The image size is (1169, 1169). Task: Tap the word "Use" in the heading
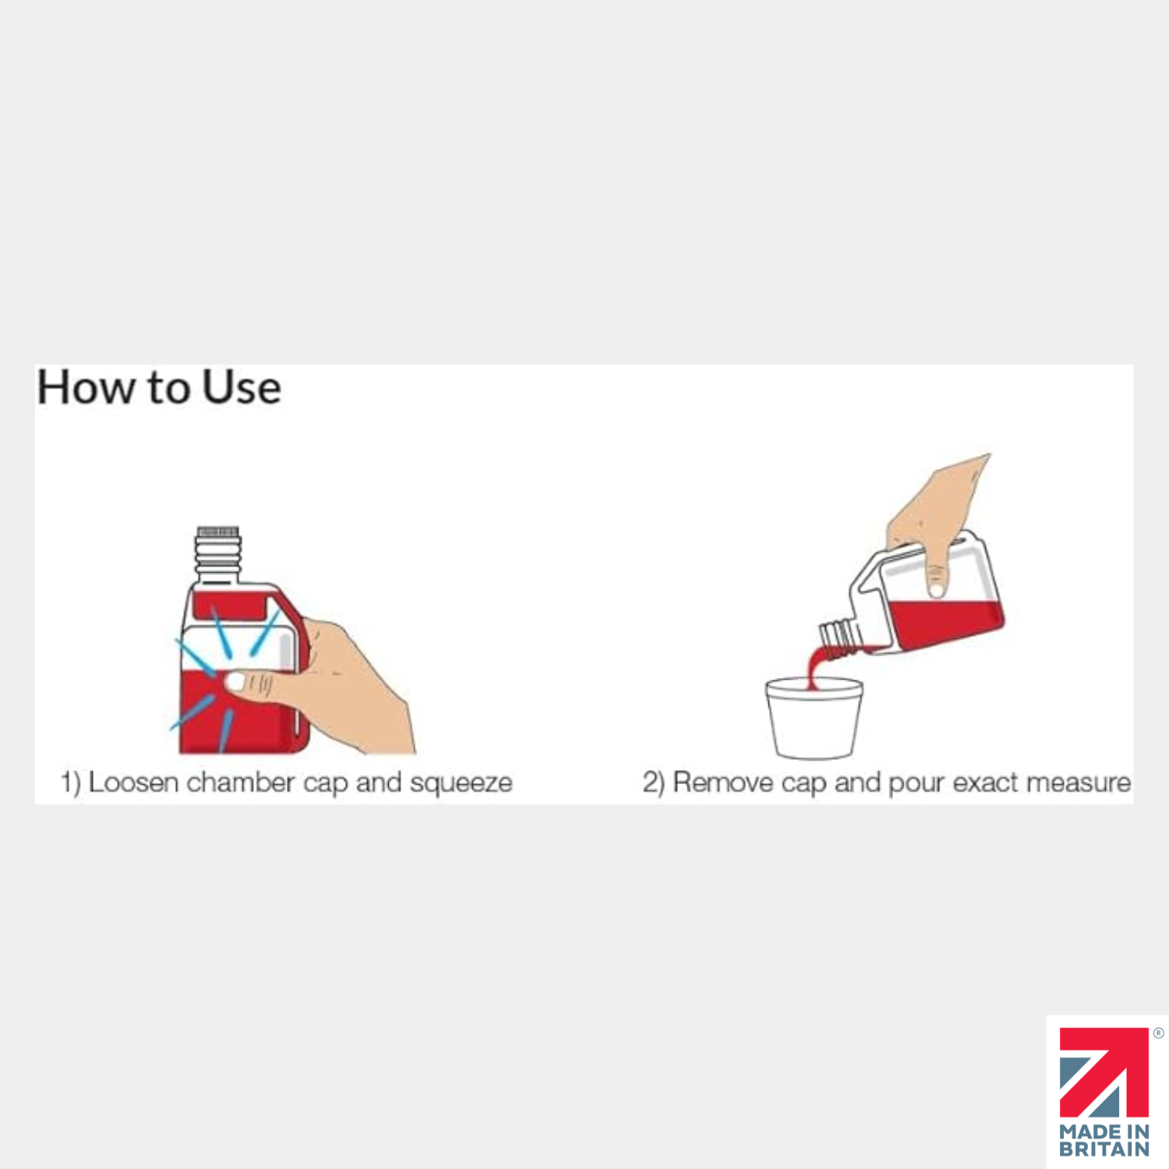[x=242, y=387]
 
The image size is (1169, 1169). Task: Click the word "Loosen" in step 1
[x=133, y=782]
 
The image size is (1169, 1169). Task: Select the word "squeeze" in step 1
[x=461, y=782]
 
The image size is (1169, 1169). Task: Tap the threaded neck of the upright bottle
[x=217, y=552]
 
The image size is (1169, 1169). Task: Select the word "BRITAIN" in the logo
[x=1104, y=1149]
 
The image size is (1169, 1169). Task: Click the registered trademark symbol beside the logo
[x=1158, y=1033]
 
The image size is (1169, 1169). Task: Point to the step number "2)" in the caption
[x=653, y=782]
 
